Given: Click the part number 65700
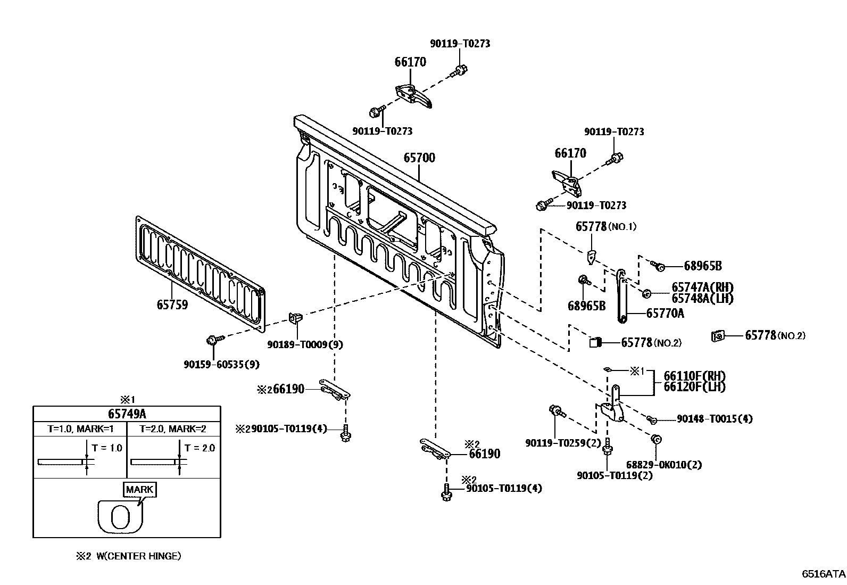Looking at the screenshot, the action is coord(419,158).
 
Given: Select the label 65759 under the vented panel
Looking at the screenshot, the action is coord(172,304).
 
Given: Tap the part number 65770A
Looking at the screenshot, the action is coord(665,314).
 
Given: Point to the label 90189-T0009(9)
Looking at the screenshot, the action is coord(305,344).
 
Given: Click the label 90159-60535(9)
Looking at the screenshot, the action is coord(221,365).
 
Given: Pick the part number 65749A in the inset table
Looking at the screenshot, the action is coord(127,414).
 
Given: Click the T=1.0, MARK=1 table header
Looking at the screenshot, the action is coord(80,429).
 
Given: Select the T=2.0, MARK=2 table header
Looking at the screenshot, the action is coord(173,429).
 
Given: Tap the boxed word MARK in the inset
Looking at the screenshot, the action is coord(139,489).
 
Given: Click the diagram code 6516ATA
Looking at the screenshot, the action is coord(824,574).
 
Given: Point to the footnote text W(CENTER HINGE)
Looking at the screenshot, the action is coord(139,556).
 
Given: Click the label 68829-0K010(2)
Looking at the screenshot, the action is coord(664,465).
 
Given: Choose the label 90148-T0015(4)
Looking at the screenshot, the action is coord(715,418).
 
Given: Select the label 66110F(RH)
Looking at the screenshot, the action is coord(695,376).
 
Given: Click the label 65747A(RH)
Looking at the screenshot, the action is coord(703,287).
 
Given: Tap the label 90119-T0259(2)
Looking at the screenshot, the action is coord(563,443).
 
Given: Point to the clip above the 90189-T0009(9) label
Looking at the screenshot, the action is coord(295,317).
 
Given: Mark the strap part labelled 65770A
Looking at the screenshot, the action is coord(621,296).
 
